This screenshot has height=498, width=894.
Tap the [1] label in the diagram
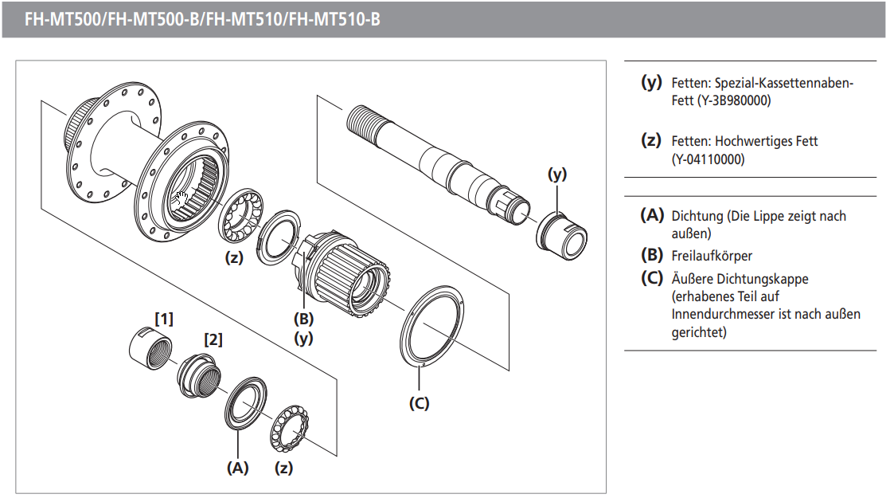[163, 319]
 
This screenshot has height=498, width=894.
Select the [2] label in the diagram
[213, 339]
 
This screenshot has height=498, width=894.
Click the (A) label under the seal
[237, 468]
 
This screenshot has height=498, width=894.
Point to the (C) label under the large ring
[419, 403]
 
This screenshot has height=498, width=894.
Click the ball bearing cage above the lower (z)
[290, 431]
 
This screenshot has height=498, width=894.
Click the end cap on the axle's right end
[563, 230]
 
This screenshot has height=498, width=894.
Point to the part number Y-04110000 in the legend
[709, 159]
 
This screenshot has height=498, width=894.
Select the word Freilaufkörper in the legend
[712, 256]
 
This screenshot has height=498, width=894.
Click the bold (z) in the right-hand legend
[651, 140]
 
